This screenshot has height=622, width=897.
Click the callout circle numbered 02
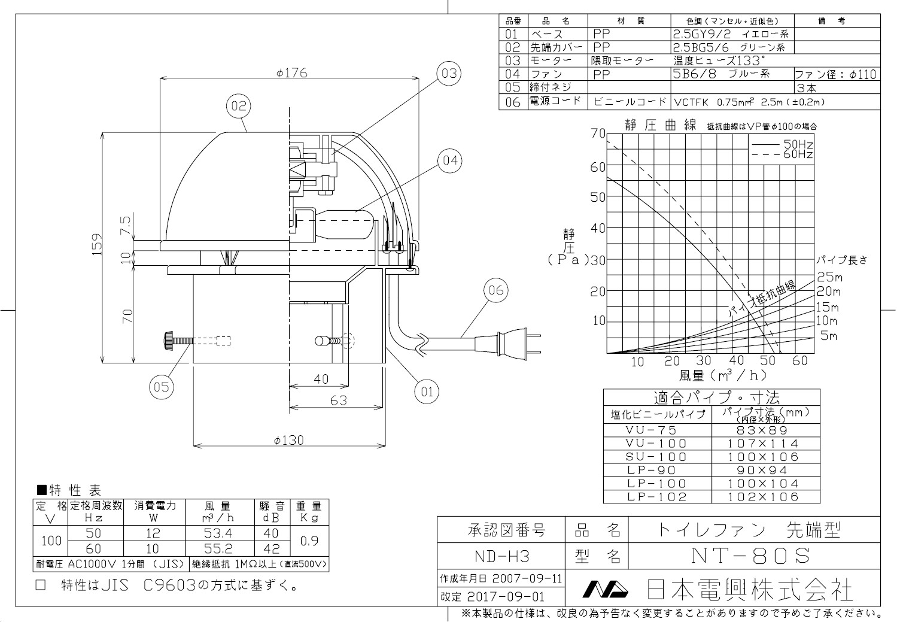tap(239, 107)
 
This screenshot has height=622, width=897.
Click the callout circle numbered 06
tap(496, 291)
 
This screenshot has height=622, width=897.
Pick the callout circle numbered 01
tap(427, 392)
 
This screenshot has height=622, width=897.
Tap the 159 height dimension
tap(98, 244)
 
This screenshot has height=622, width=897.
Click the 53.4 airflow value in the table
tap(218, 533)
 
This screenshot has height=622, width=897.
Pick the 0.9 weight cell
tap(309, 541)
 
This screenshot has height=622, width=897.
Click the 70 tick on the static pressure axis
tap(598, 133)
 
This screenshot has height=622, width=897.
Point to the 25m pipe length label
tap(829, 277)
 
